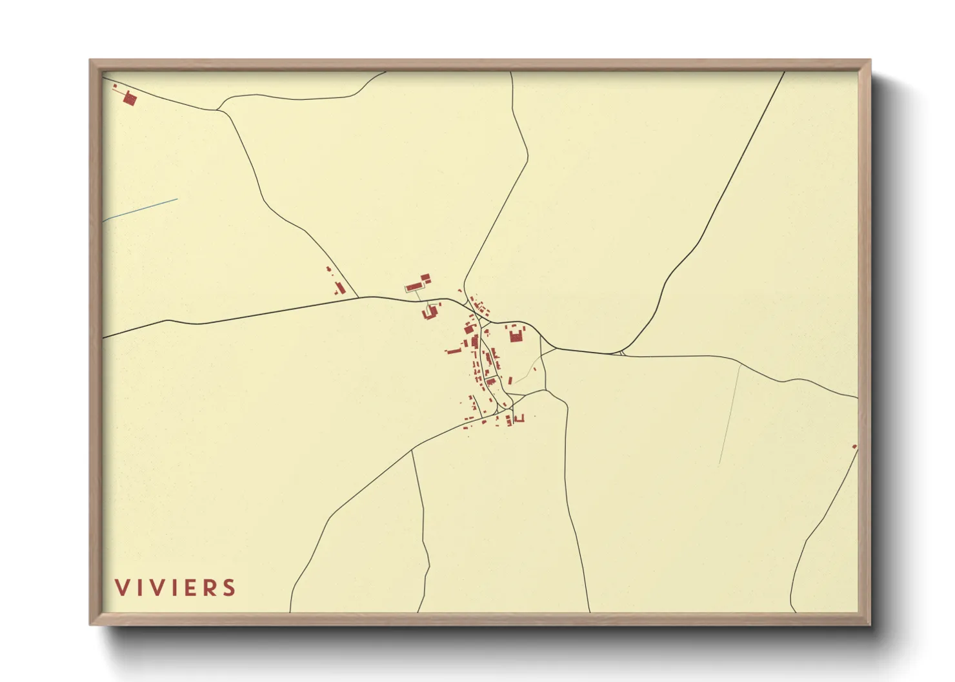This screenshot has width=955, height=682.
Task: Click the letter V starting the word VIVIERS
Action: (121, 588)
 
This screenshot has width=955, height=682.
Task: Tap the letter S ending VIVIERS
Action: (229, 588)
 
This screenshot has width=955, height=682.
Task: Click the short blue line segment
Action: (140, 210)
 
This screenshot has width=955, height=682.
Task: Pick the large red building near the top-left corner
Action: (130, 99)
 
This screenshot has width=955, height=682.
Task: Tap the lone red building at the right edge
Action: (854, 447)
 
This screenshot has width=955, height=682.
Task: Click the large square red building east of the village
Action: (516, 336)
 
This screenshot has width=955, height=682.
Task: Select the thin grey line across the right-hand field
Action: (730, 413)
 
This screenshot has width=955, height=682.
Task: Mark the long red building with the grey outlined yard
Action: (414, 286)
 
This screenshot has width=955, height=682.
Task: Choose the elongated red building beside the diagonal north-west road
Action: (339, 287)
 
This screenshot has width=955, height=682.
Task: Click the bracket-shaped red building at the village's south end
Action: (518, 419)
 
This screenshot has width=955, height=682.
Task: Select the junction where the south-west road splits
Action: (412, 451)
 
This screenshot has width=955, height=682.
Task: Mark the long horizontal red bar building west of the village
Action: (454, 351)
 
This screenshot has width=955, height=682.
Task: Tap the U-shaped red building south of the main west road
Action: (429, 313)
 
